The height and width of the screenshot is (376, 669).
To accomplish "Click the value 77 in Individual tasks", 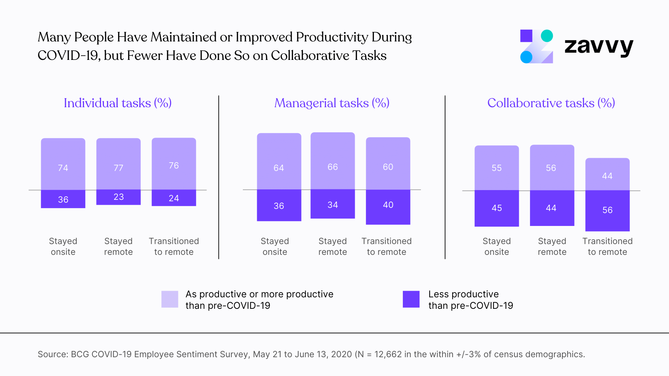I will tap(118, 168).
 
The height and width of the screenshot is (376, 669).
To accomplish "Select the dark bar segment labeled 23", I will tap(118, 197).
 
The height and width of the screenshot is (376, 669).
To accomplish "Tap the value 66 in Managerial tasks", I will tap(332, 167).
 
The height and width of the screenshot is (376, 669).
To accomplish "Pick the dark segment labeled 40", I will tap(388, 207).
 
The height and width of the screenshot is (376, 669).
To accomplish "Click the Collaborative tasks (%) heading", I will tap(551, 103).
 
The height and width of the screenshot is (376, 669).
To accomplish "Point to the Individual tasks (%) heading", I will tap(117, 103).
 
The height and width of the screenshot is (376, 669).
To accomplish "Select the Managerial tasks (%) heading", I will tap(331, 103).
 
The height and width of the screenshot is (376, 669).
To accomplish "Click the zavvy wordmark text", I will tap(599, 46).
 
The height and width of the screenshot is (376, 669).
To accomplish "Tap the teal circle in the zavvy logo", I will tap(547, 36).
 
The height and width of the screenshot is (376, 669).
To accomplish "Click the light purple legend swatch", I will tap(170, 299).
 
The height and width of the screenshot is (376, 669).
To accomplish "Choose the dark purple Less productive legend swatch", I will tap(411, 299).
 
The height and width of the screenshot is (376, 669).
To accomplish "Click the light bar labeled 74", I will tap(63, 164).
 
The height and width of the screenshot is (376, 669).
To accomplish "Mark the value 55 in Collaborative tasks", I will tap(497, 168).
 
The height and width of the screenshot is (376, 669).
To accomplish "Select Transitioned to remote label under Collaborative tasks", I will tap(607, 246).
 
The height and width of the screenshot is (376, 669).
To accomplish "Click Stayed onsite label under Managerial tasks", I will tap(275, 246).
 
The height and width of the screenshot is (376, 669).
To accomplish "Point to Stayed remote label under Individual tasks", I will tap(118, 246).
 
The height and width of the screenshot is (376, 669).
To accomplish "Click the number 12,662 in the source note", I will tap(388, 354).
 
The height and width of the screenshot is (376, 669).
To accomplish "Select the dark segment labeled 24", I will tap(174, 198).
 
